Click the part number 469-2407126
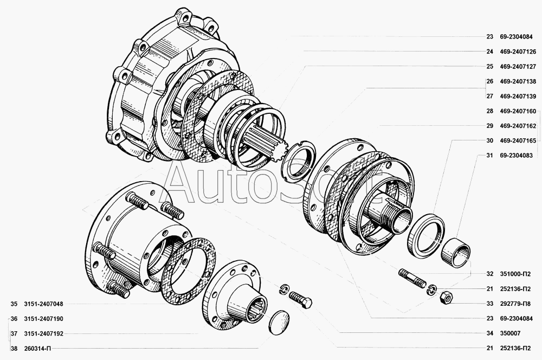point(518,52)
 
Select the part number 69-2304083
point(516,156)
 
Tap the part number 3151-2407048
point(43,304)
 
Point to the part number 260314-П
point(37,349)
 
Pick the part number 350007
point(510,333)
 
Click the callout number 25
point(489,67)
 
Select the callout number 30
point(489,141)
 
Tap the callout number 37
point(14,334)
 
